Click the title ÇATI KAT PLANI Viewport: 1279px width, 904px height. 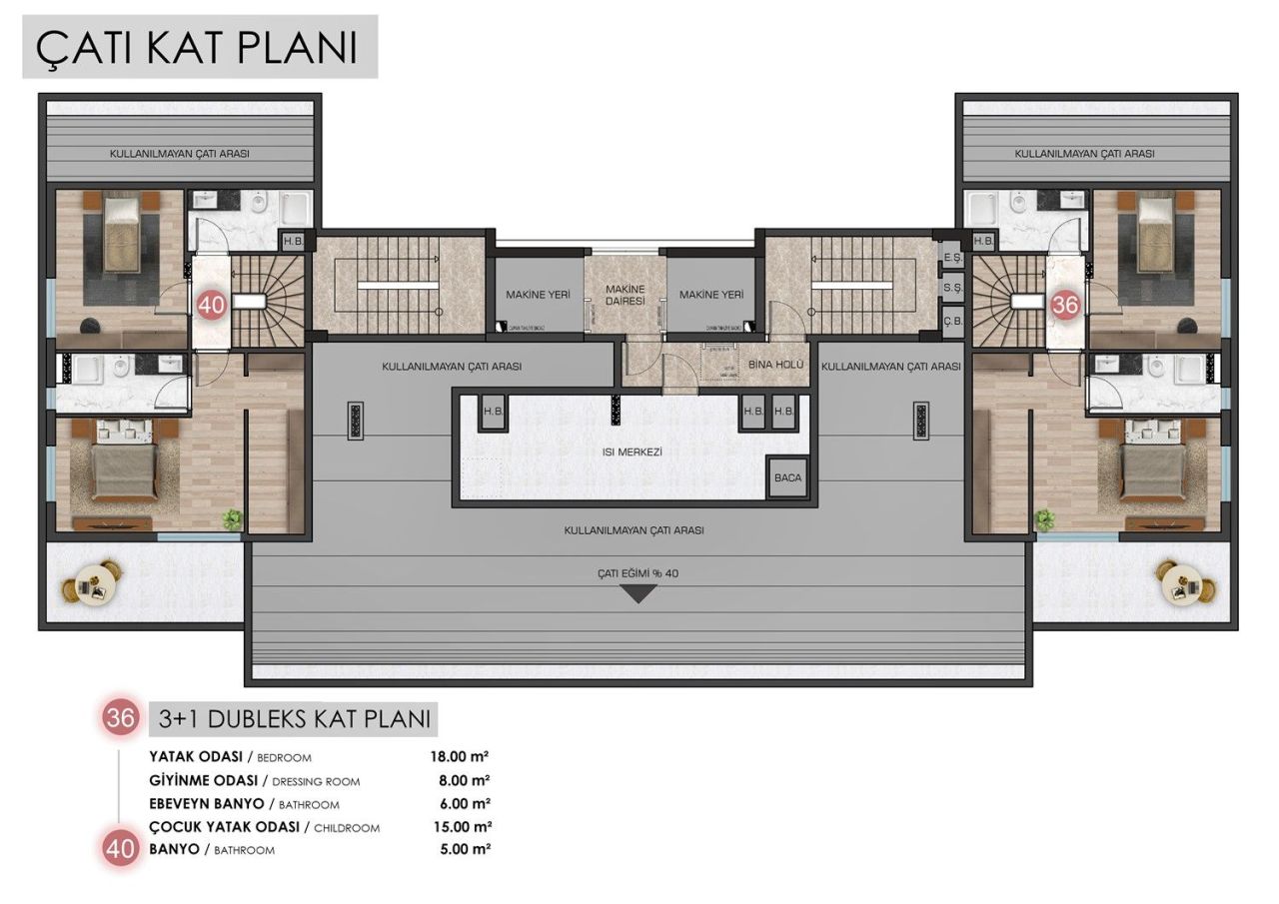pyautogui.click(x=198, y=47)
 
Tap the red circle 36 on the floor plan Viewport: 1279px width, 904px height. pyautogui.click(x=1065, y=305)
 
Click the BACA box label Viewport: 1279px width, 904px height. pyautogui.click(x=787, y=477)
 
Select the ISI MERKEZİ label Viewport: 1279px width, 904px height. pyautogui.click(x=634, y=452)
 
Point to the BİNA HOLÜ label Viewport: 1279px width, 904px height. pyautogui.click(x=775, y=366)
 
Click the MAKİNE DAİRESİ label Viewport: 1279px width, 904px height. pyautogui.click(x=626, y=295)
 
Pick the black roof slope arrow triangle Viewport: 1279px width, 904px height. pyautogui.click(x=639, y=594)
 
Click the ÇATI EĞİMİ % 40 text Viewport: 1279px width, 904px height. pyautogui.click(x=638, y=573)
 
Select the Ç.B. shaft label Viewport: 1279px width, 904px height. pyautogui.click(x=952, y=322)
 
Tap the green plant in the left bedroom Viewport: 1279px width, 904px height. pyautogui.click(x=233, y=518)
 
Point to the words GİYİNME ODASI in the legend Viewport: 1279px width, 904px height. pyautogui.click(x=204, y=780)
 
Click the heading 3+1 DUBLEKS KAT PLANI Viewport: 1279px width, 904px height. pyautogui.click(x=294, y=717)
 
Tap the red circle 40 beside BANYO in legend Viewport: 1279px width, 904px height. pyautogui.click(x=121, y=849)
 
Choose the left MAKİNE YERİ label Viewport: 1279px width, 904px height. pyautogui.click(x=538, y=295)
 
